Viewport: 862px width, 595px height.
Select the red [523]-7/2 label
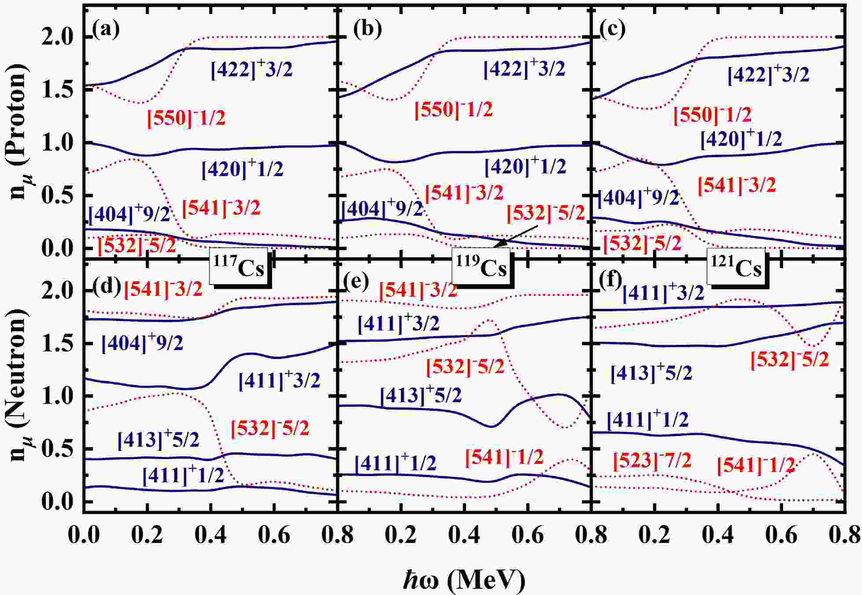[x=652, y=461]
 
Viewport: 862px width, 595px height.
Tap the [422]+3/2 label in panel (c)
[x=768, y=75]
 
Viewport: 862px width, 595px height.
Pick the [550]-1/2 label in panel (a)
[x=186, y=118]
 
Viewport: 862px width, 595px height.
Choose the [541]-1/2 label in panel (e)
[x=504, y=458]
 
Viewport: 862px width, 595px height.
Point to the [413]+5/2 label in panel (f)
[x=651, y=373]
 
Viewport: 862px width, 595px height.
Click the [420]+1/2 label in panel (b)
[x=525, y=166]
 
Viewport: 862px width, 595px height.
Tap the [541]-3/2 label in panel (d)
[x=163, y=289]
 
